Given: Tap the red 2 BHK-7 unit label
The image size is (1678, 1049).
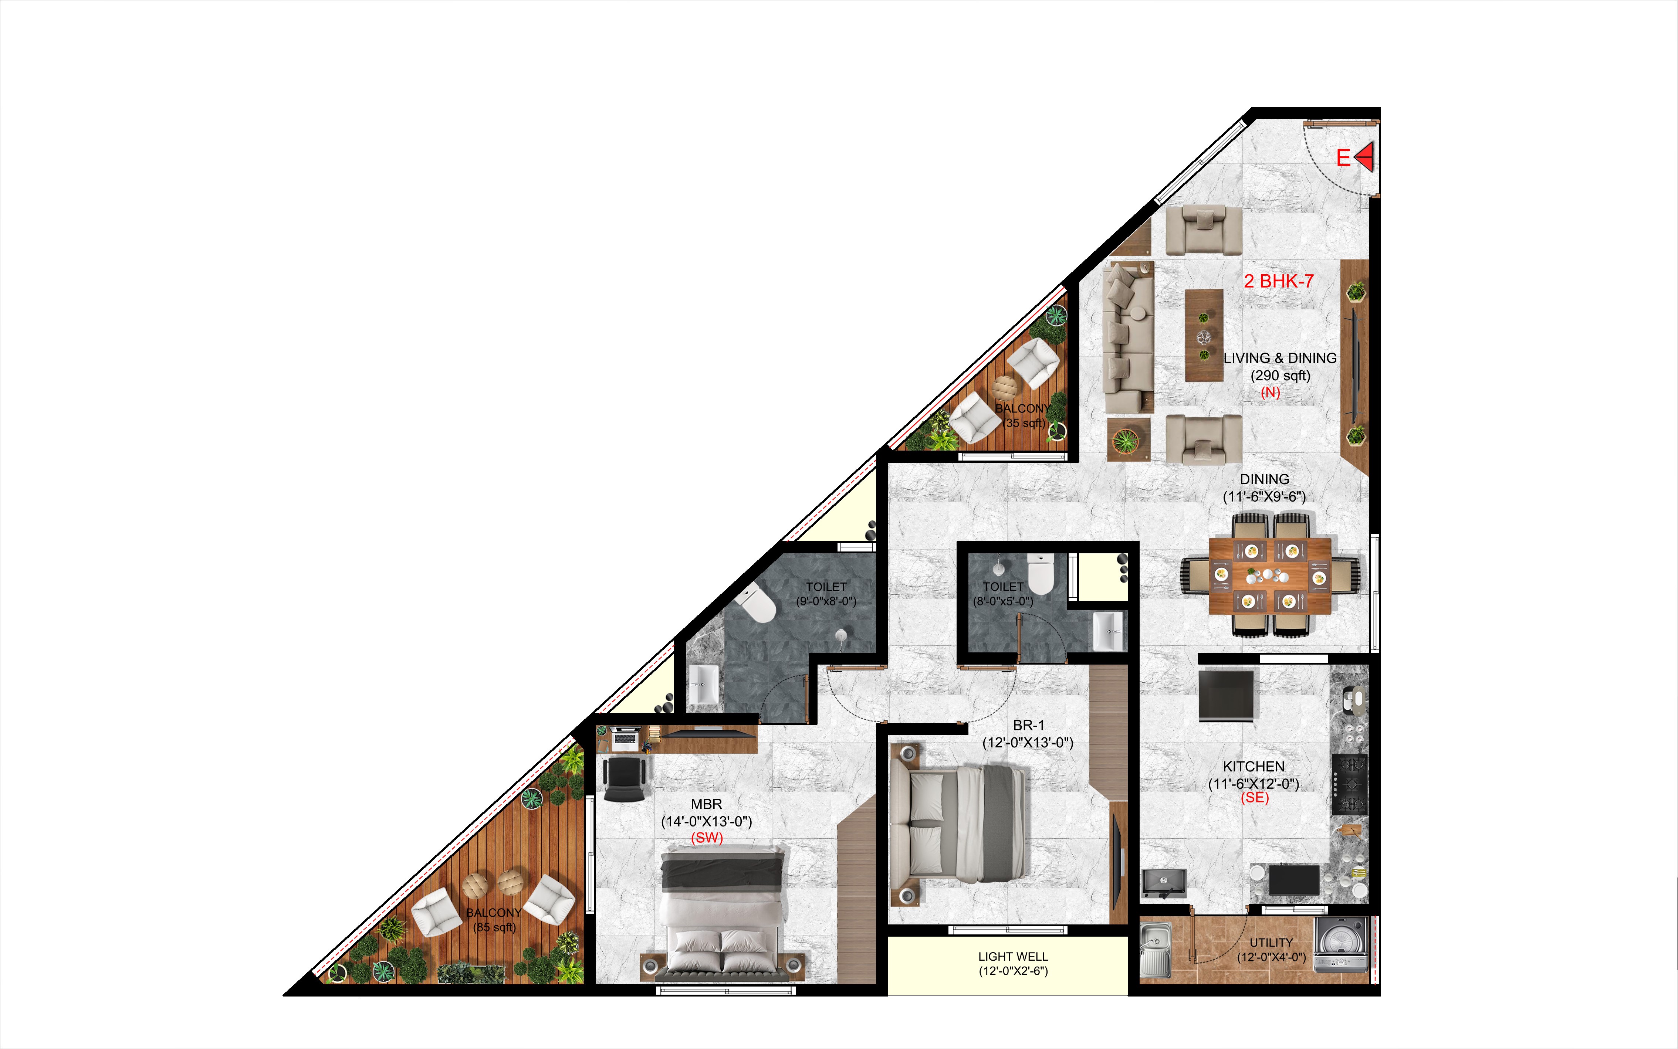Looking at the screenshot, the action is (x=1278, y=281).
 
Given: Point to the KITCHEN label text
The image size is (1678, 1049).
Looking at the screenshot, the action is (x=1253, y=767).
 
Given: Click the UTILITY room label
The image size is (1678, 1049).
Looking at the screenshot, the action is (x=1271, y=942).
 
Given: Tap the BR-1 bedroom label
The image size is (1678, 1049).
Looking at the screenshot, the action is (x=1028, y=725).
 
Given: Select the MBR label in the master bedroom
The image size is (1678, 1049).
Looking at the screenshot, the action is (x=707, y=804).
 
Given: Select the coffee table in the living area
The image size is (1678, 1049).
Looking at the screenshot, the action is (x=1204, y=335).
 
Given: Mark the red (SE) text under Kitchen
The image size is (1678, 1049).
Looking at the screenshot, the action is (x=1255, y=798).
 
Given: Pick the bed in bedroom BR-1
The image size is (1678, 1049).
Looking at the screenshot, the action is (x=958, y=824).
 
